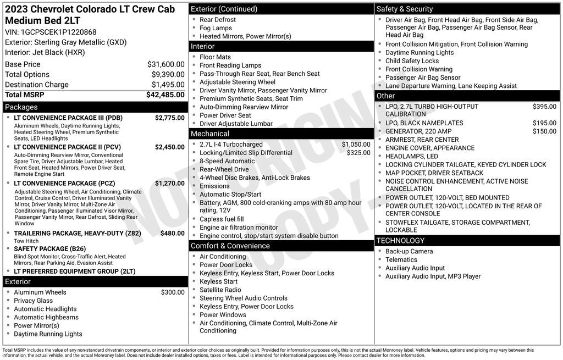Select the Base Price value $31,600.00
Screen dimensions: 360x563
[165, 64]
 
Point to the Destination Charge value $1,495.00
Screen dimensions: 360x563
[168, 85]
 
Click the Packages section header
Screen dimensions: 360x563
[21, 107]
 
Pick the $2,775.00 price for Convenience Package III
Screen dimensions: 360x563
[169, 118]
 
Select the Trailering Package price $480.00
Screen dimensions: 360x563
[172, 233]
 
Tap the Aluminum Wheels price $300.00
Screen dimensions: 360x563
[173, 292]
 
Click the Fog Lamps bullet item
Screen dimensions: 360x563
[216, 28]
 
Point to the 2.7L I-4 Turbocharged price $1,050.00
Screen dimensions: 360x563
[356, 145]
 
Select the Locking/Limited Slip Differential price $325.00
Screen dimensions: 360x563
[358, 153]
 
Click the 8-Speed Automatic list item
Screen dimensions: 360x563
[227, 161]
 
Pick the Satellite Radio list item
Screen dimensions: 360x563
[220, 290]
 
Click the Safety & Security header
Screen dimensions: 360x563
[405, 9]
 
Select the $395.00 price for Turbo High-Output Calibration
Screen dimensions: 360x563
[544, 107]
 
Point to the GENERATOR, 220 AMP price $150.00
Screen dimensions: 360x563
[544, 131]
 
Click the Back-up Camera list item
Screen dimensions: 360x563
[409, 251]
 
